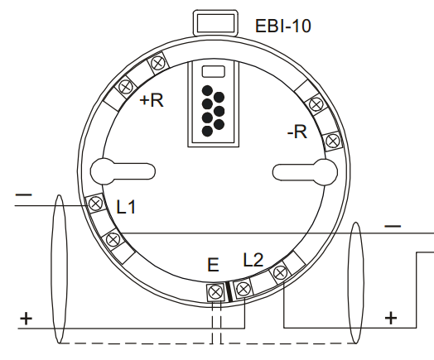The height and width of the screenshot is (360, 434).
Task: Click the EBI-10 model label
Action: [x=283, y=26]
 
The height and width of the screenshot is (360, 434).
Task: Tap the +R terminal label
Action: [x=152, y=100]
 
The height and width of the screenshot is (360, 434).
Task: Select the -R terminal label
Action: [x=297, y=132]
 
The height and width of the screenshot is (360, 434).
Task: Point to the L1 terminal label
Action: [x=126, y=207]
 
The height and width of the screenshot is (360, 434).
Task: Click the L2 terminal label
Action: [x=253, y=260]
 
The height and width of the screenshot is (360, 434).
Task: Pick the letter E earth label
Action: [x=213, y=265]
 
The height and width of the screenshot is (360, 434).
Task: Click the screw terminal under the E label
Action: [x=215, y=291]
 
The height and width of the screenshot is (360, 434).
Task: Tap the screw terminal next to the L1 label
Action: [x=95, y=204]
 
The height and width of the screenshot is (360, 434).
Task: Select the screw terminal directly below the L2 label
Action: [x=244, y=289]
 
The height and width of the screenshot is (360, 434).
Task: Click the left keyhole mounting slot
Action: [x=123, y=171]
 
